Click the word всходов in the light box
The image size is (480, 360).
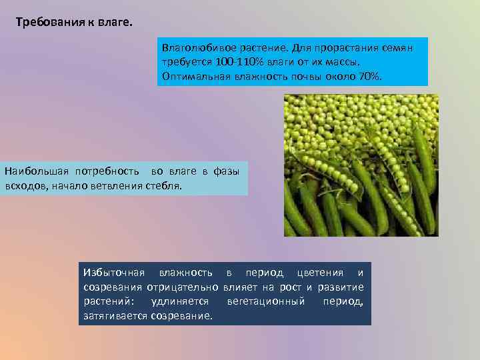25,185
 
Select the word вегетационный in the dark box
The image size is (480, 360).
266,301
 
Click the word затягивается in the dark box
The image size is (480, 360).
115,315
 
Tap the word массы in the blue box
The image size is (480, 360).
343,62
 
